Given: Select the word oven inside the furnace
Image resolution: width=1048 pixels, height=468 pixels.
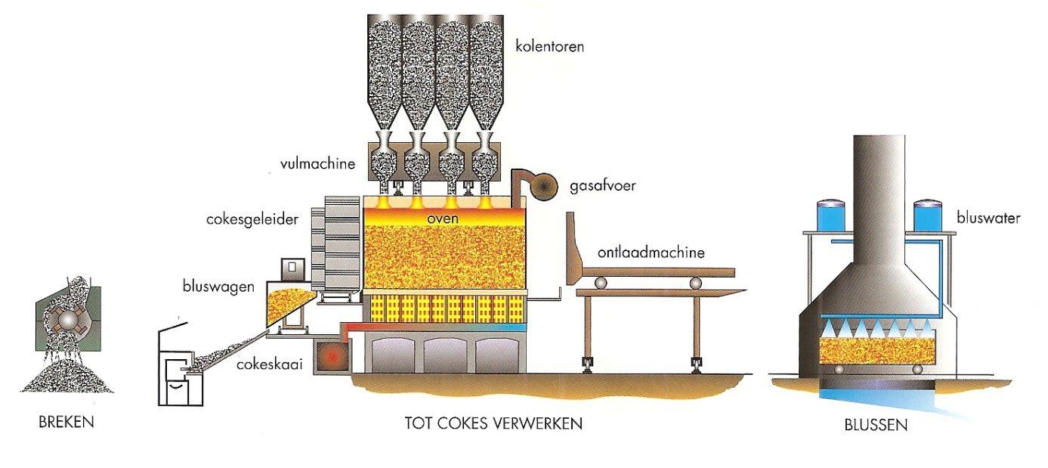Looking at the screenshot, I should click(x=444, y=219).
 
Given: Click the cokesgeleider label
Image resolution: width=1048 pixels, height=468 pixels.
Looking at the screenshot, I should click(x=252, y=220).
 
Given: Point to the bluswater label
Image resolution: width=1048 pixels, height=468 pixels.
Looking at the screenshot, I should click(x=988, y=219).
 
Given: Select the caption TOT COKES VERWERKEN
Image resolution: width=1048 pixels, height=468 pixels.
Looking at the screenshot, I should click(x=493, y=423).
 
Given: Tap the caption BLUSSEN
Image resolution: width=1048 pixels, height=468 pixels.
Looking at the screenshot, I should click(x=876, y=425).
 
